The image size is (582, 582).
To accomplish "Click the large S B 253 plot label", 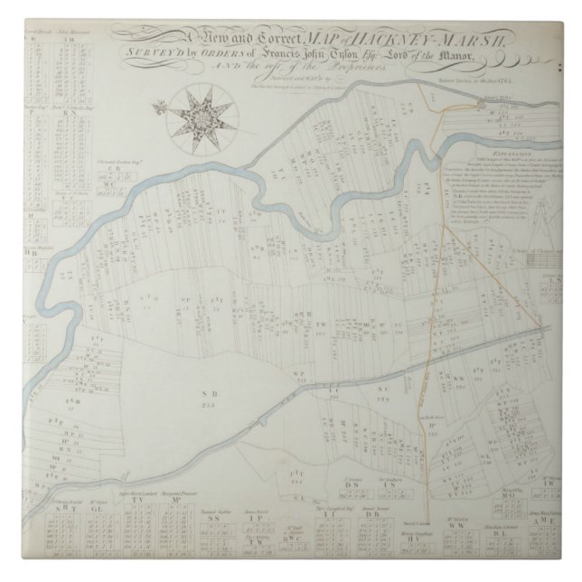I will (202, 398).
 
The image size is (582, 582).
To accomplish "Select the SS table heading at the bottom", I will (214, 519).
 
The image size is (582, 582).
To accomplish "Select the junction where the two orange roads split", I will (443, 222).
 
